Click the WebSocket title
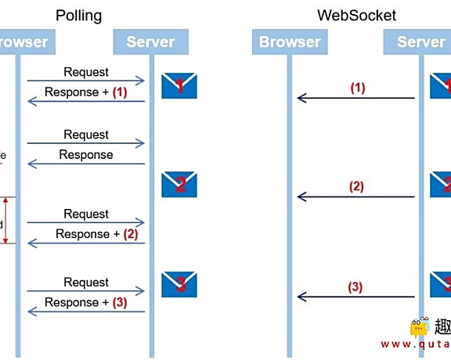tap(356, 16)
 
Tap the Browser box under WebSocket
tap(290, 42)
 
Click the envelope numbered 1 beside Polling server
tap(179, 86)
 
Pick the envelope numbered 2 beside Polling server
tap(179, 185)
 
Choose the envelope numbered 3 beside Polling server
tap(179, 283)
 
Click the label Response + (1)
tap(85, 92)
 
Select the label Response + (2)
tap(85, 234)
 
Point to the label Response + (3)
tap(85, 302)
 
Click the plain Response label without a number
tap(86, 155)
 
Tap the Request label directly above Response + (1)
tap(86, 72)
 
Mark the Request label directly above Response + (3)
tap(86, 282)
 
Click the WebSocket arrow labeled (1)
tap(355, 98)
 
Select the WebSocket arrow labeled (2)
tap(355, 197)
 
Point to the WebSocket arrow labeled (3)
tap(355, 297)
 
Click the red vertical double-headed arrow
tap(6, 221)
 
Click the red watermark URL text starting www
tap(416, 344)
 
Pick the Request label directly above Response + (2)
tap(86, 214)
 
